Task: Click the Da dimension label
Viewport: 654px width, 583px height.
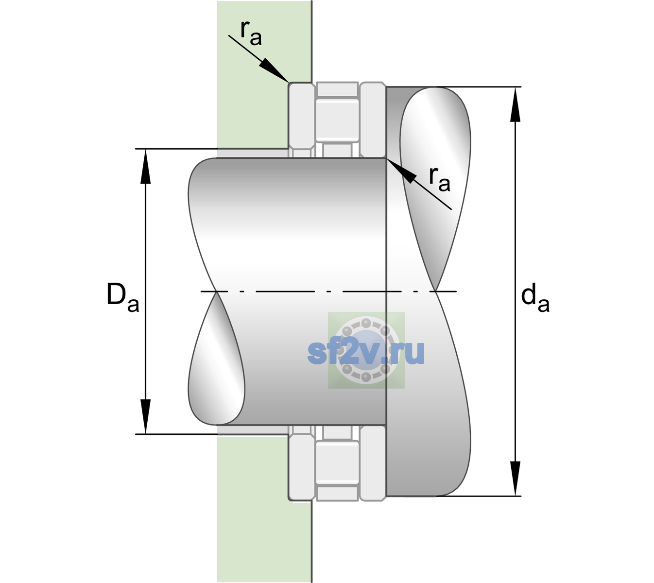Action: (122, 297)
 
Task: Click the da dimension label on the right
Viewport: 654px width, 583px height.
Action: (535, 297)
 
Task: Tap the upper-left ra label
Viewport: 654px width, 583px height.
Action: (251, 33)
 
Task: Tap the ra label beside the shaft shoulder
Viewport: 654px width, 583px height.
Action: (439, 179)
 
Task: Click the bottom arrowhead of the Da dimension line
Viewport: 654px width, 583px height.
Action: (146, 416)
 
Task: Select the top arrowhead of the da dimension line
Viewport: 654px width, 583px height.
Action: (515, 104)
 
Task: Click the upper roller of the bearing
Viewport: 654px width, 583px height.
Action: (337, 120)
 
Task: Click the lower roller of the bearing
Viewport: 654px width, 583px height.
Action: (337, 462)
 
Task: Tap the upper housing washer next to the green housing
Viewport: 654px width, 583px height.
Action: (302, 120)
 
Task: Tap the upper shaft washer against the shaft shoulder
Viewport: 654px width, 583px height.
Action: (373, 120)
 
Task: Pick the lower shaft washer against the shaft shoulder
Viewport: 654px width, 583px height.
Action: (373, 463)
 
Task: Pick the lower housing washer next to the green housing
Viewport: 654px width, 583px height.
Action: (302, 463)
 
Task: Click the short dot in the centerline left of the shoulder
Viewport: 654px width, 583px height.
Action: (328, 291)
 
